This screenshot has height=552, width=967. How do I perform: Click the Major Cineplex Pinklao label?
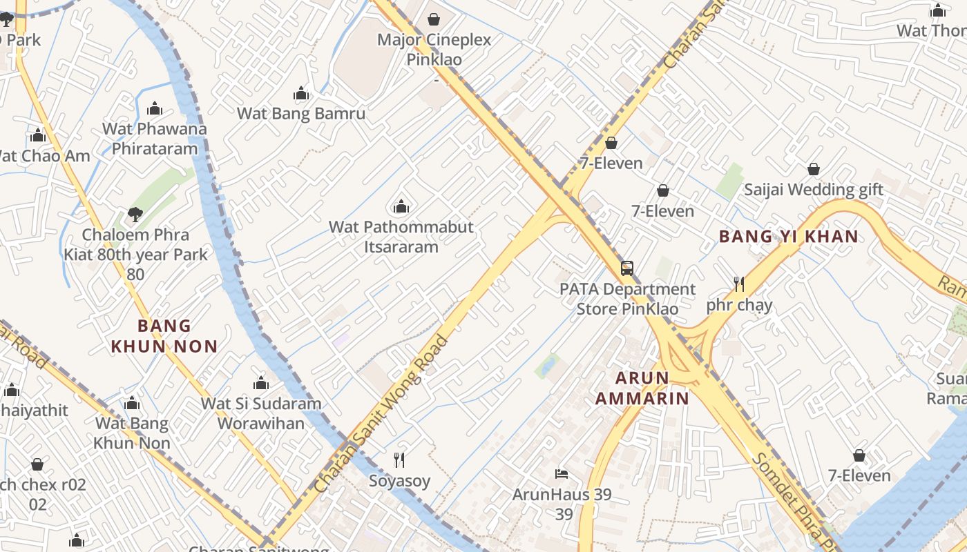(434, 49)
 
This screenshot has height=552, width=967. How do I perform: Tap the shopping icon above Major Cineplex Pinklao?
(434, 19)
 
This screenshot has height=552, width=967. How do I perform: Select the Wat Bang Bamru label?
(301, 113)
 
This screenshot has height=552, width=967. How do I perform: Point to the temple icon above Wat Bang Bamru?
(301, 93)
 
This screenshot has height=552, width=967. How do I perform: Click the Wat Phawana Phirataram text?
(154, 138)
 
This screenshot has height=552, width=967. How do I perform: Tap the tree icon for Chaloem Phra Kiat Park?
(135, 215)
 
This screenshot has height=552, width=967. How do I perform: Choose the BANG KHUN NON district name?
(164, 335)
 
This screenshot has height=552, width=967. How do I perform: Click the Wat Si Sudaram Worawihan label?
(261, 413)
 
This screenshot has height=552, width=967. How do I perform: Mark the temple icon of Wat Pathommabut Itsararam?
(401, 206)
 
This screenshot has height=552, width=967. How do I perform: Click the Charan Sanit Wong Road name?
(381, 414)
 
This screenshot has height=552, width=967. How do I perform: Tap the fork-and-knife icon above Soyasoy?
(399, 460)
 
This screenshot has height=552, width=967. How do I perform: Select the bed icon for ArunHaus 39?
(562, 473)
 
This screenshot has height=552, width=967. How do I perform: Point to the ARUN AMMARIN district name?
(642, 388)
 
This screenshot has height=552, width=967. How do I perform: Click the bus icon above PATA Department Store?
(627, 268)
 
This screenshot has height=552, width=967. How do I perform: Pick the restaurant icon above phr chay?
(739, 284)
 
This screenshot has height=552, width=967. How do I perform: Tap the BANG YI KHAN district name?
(788, 237)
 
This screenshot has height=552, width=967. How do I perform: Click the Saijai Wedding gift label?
(813, 189)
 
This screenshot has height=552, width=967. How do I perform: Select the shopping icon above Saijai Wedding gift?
(814, 169)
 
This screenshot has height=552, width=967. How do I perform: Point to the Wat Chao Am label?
(43, 156)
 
